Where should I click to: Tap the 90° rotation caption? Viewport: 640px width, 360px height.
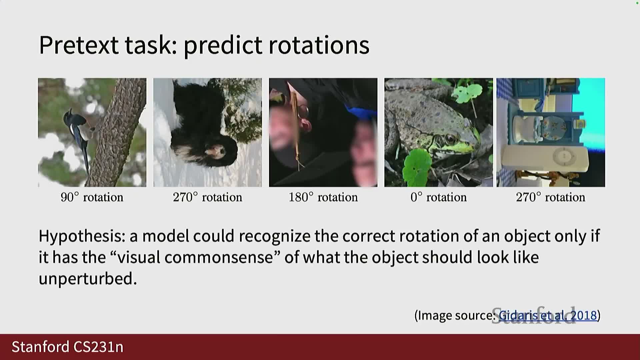(92, 197)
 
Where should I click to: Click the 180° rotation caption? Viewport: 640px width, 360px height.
(323, 197)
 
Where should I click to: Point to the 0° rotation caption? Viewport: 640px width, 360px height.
(438, 197)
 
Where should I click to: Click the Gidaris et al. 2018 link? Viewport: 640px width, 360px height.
(547, 315)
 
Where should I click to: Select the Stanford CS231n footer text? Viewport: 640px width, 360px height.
(68, 347)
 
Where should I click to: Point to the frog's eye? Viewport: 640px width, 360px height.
(450, 138)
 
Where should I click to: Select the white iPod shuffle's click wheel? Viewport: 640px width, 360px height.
(564, 156)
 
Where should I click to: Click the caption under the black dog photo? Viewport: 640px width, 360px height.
(207, 197)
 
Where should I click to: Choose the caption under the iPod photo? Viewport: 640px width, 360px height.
(550, 197)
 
